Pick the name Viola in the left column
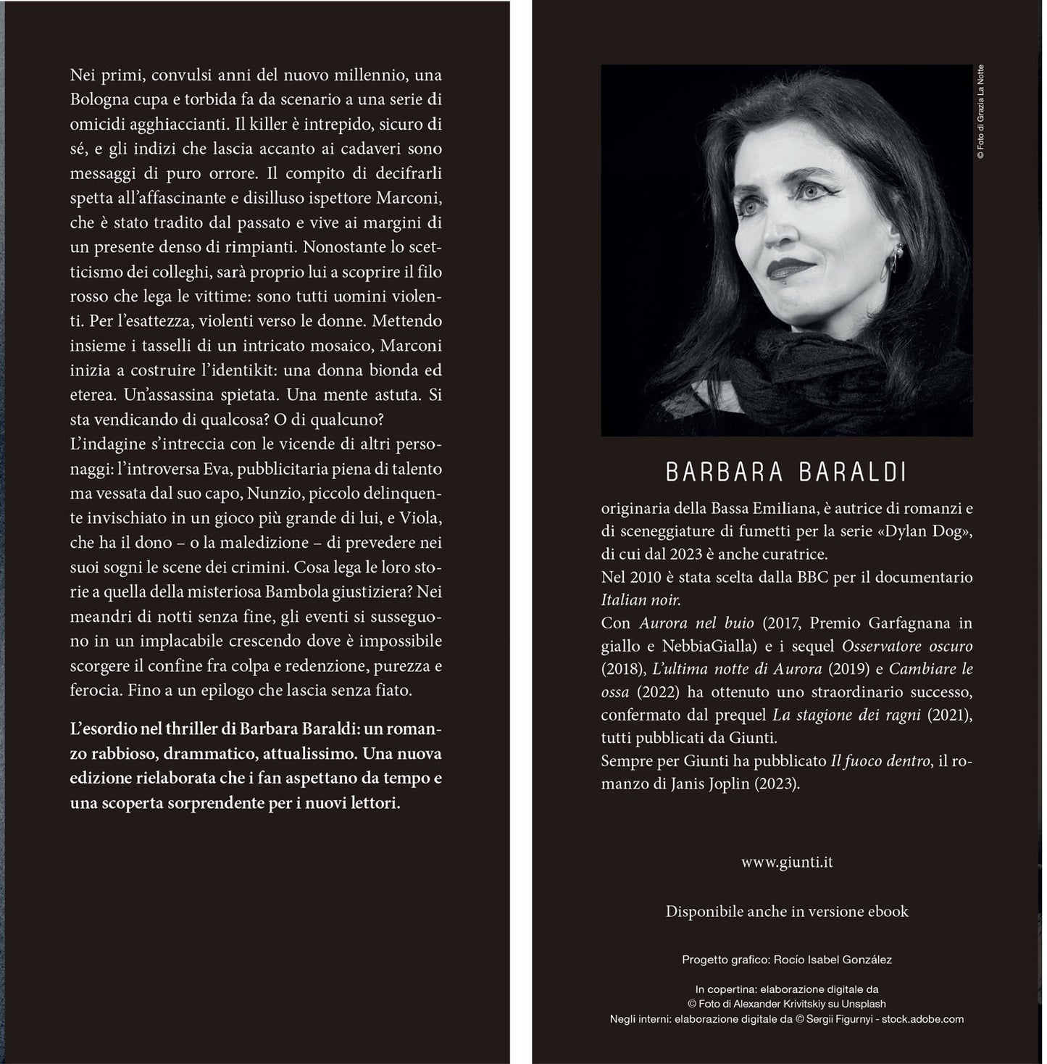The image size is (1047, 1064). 420,518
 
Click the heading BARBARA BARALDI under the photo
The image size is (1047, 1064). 786,473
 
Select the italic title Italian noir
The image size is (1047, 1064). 641,600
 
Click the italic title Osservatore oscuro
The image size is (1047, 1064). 907,646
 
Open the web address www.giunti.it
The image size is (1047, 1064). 786,863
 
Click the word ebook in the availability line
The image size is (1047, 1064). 888,912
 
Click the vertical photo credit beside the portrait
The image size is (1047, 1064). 980,112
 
